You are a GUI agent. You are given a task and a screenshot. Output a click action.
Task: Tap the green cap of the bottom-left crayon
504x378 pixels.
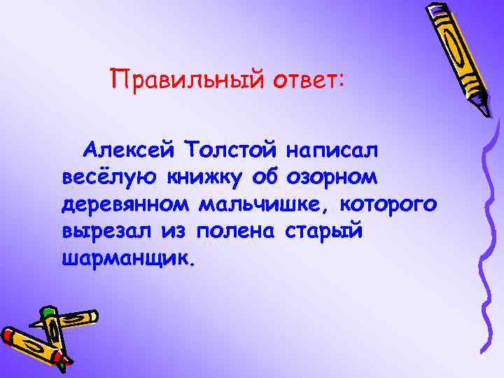click(x=48, y=312)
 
